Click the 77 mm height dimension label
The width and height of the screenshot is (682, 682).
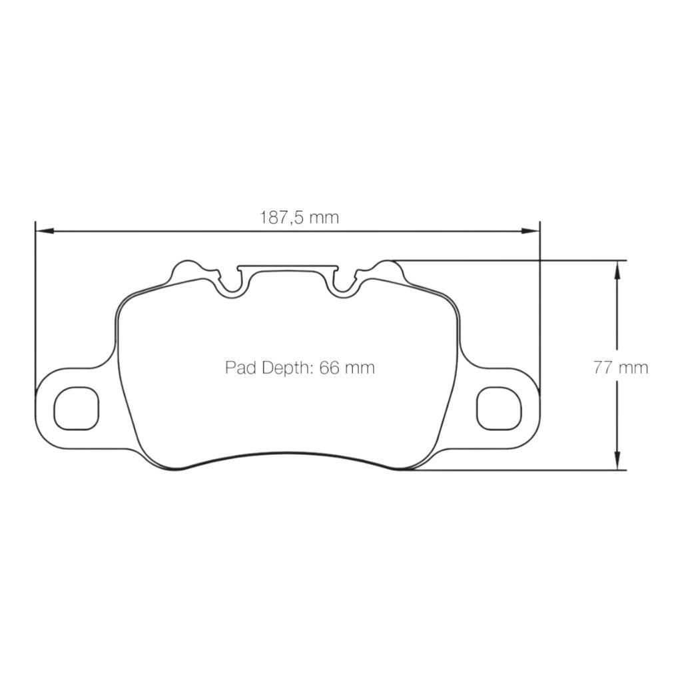[x=621, y=368]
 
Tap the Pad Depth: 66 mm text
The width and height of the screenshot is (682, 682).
[x=300, y=368]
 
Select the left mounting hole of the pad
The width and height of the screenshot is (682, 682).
[x=76, y=407]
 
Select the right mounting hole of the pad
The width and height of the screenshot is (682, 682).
[x=499, y=407]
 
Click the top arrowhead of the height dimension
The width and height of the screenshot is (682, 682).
[x=617, y=268]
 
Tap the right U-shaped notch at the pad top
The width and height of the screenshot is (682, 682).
[x=344, y=284]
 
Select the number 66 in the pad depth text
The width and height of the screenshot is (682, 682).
[x=330, y=368]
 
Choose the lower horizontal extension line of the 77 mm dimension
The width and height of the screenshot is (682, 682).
[x=519, y=470]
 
